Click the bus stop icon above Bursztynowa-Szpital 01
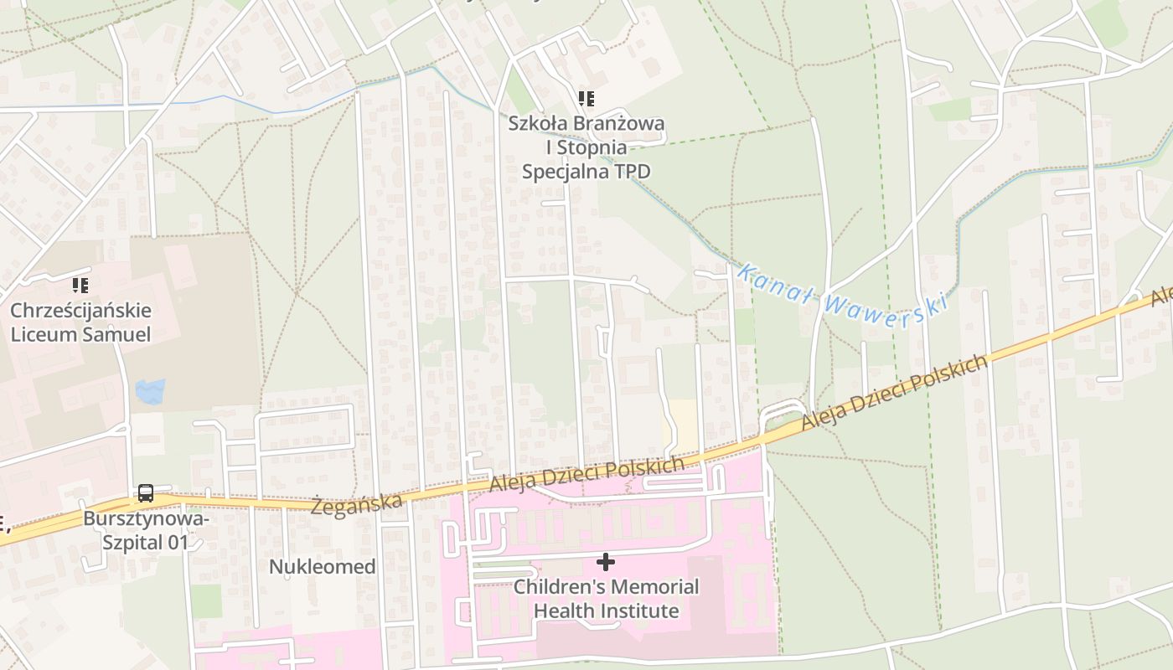coord(145,493)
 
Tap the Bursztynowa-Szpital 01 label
coord(146,530)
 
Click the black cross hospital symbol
coord(605,561)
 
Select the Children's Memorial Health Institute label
coord(606,598)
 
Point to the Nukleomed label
coord(322,567)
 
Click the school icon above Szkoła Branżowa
coord(586,99)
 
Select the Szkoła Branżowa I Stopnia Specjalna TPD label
coord(586,147)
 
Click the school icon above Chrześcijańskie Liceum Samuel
coord(80,286)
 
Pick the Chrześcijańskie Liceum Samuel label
coord(80,322)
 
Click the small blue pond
coord(150,390)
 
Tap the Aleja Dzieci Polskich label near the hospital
coord(586,475)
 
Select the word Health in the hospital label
coord(569,611)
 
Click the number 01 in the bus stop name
coord(178,542)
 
